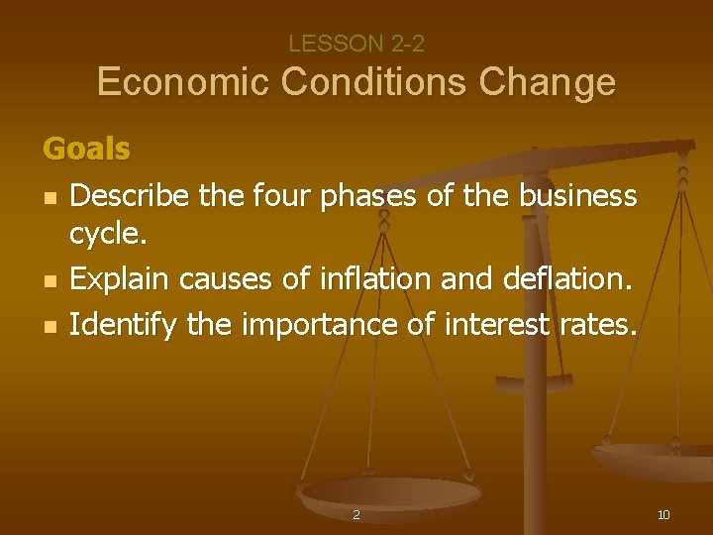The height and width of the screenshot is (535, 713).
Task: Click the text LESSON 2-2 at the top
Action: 356,44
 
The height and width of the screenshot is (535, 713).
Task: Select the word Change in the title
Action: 548,82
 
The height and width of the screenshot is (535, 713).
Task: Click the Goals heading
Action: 86,150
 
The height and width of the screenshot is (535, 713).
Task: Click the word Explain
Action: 119,279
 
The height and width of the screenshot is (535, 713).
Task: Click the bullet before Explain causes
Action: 49,281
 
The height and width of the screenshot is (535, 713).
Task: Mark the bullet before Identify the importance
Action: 49,325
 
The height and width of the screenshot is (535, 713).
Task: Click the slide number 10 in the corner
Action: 663,514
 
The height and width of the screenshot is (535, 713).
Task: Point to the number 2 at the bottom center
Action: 356,515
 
